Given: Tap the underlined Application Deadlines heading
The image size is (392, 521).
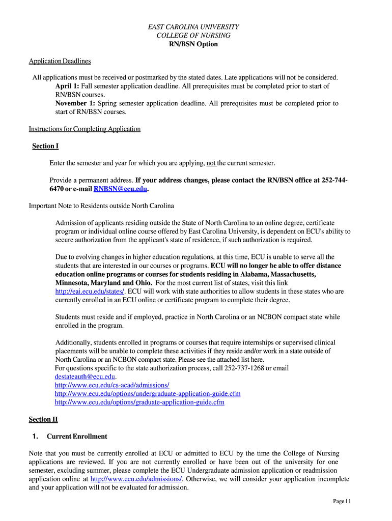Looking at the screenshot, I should (x=60, y=61).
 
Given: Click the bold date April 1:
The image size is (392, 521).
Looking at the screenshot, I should (x=67, y=86).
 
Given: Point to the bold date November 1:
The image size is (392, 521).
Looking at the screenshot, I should (x=75, y=103).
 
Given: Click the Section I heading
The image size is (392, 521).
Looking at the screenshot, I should (x=45, y=146).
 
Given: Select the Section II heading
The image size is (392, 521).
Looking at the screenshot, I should (x=43, y=419).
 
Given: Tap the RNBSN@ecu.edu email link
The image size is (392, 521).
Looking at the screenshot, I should (x=120, y=189).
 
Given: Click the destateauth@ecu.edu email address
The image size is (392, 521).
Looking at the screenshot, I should (x=85, y=377).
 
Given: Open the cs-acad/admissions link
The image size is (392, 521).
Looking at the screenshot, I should (x=112, y=385).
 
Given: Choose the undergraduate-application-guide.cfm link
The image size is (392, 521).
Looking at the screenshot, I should (x=148, y=394).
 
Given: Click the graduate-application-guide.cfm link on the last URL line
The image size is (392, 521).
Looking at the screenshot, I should (x=139, y=402).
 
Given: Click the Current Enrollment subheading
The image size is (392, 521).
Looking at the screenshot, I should (x=77, y=437).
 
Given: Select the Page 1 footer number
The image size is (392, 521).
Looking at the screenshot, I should (x=342, y=501).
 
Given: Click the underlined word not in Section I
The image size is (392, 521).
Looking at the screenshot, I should (x=211, y=163).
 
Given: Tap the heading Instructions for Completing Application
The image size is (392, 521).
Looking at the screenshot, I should (x=85, y=129).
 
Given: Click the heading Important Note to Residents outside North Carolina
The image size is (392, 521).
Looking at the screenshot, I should (x=101, y=206).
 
